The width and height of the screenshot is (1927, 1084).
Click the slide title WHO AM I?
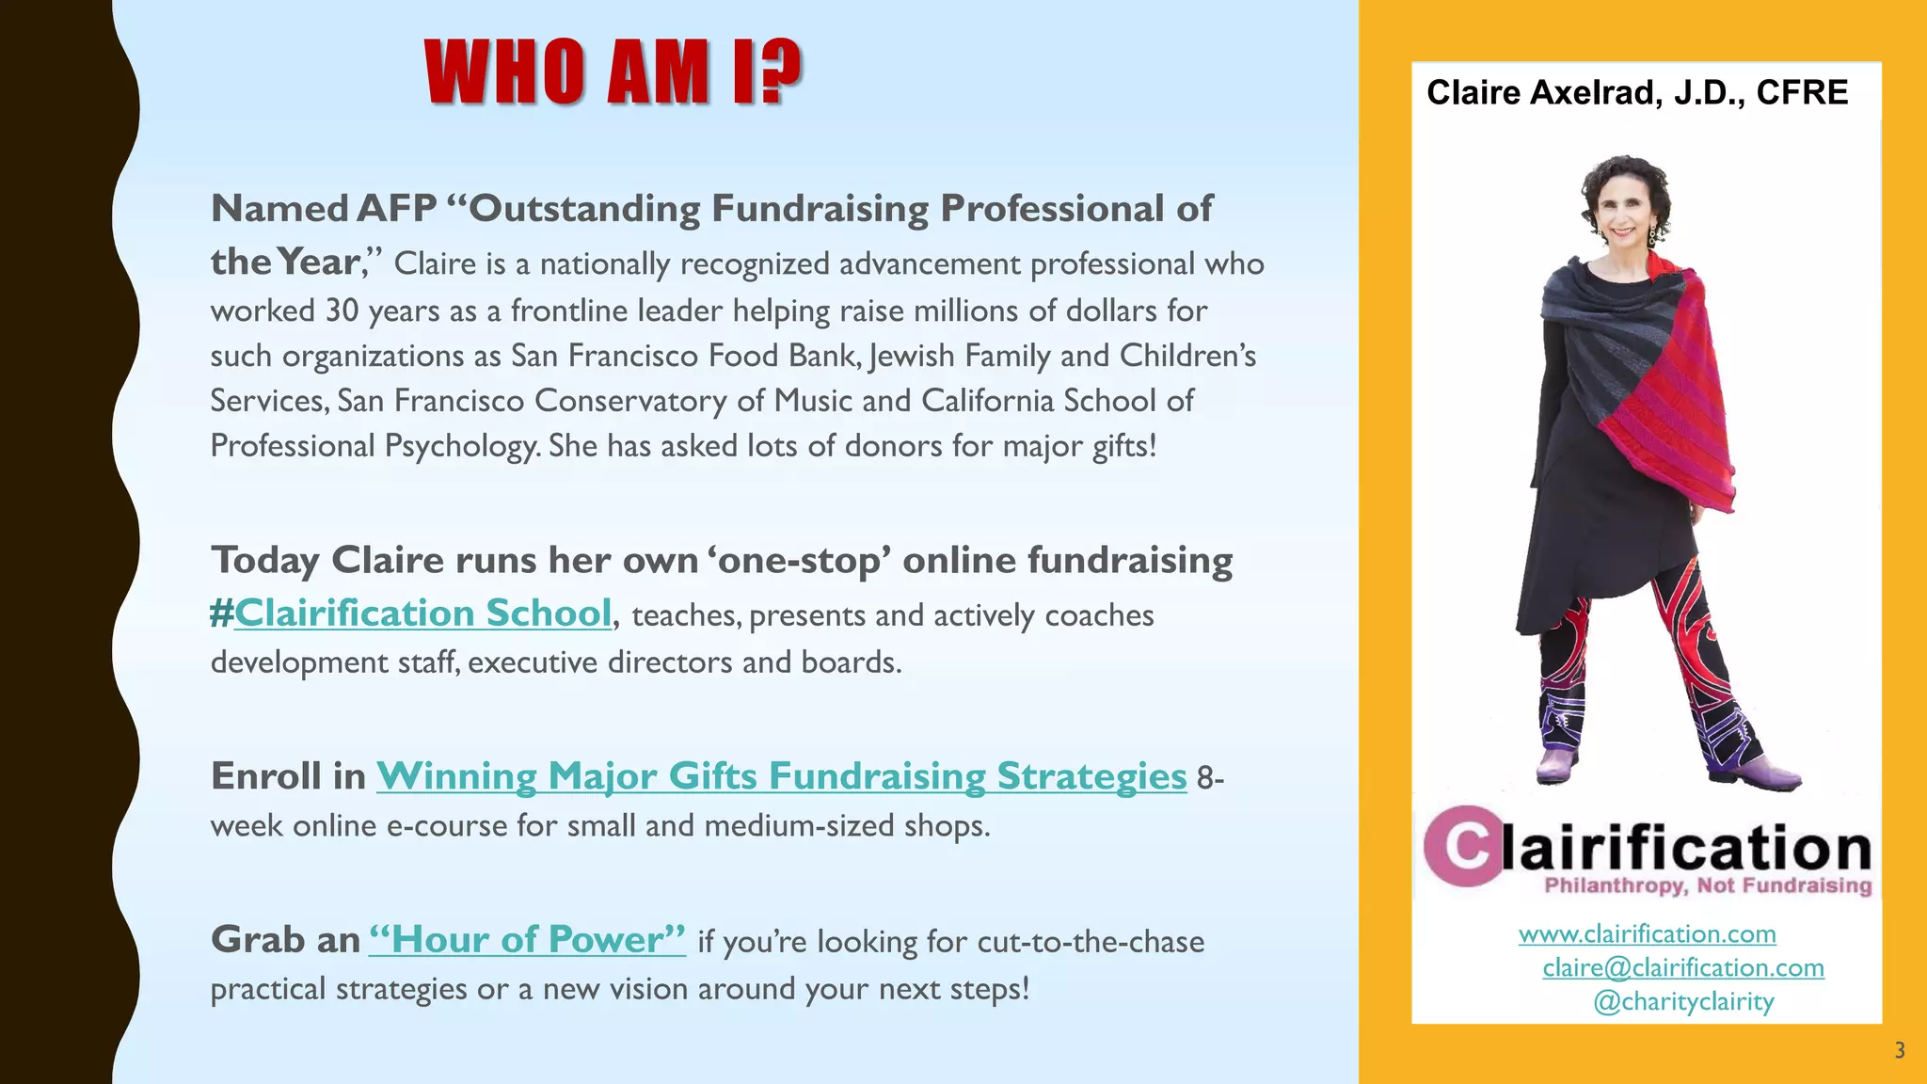(613, 72)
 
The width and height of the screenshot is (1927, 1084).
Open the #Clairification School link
(411, 614)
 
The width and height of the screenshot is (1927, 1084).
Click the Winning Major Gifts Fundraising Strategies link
(781, 776)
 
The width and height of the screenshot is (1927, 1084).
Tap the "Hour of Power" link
(527, 939)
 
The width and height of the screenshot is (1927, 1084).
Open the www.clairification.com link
(1647, 934)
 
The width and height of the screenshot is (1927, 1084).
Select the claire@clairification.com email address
(1682, 968)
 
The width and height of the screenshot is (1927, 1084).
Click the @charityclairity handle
(1683, 1002)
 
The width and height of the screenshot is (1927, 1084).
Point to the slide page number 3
(1899, 1051)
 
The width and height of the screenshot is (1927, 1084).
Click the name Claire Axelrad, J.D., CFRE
(1637, 92)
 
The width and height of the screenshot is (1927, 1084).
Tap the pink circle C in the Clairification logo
(1463, 846)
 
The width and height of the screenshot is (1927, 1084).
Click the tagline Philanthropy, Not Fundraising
(1708, 885)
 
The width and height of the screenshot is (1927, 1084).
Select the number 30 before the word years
(342, 311)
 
